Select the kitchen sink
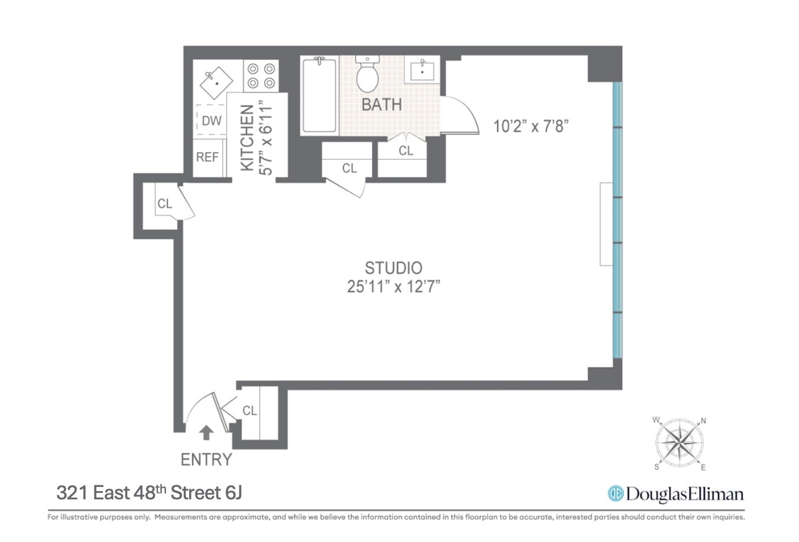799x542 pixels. tap(214, 83)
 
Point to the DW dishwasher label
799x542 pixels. tap(212, 121)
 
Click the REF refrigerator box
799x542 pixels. tap(207, 157)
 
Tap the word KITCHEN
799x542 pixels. tap(248, 138)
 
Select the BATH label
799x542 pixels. tap(381, 105)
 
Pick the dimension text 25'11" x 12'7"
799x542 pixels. tap(394, 287)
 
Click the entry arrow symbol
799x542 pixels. tap(206, 433)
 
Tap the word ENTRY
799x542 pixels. tap(206, 459)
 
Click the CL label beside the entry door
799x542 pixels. tap(250, 410)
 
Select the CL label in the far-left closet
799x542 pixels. tap(164, 204)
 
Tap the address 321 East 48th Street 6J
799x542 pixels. tap(150, 492)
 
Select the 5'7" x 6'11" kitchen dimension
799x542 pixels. tap(266, 138)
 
